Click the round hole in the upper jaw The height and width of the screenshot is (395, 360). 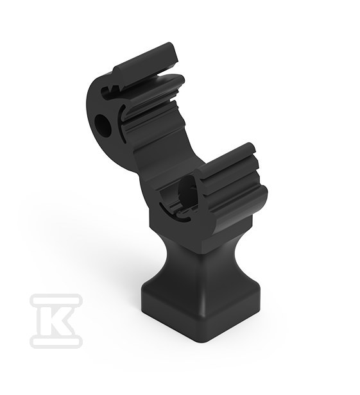pos(103,124)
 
